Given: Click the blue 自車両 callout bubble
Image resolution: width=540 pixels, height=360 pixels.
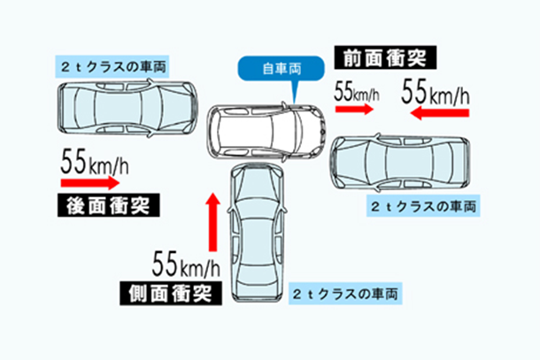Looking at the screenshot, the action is [x=281, y=69].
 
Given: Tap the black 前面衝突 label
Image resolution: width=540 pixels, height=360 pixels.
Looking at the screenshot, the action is [x=385, y=57].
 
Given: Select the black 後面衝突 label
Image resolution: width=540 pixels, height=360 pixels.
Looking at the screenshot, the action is [x=109, y=205].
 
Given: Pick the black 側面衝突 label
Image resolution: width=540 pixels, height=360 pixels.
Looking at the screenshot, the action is [x=171, y=294].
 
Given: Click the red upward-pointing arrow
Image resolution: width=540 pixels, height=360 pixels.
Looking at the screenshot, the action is [x=213, y=222].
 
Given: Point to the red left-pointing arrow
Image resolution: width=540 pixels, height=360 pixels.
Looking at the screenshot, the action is [x=440, y=112].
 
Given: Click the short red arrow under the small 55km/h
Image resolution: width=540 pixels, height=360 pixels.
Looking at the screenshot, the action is [x=355, y=109].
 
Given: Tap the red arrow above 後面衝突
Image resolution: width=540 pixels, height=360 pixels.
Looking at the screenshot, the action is [x=90, y=182].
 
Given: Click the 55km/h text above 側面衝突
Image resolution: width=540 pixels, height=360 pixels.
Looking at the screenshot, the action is [x=186, y=264].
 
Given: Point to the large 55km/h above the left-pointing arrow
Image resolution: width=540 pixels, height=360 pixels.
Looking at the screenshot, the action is [x=436, y=91].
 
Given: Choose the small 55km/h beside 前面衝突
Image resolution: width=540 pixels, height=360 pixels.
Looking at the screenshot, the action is [x=357, y=92].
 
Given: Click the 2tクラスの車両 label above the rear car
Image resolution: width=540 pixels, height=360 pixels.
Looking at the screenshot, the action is [x=112, y=66].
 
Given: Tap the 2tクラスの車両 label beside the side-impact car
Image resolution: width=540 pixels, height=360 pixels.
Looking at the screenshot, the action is [x=345, y=294].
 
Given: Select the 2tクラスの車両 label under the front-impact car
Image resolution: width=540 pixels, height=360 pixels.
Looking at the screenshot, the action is [x=423, y=206].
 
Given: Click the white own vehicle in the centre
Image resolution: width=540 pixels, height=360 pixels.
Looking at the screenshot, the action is [x=266, y=132].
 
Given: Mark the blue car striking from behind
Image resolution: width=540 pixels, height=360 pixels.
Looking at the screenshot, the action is [x=127, y=108].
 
